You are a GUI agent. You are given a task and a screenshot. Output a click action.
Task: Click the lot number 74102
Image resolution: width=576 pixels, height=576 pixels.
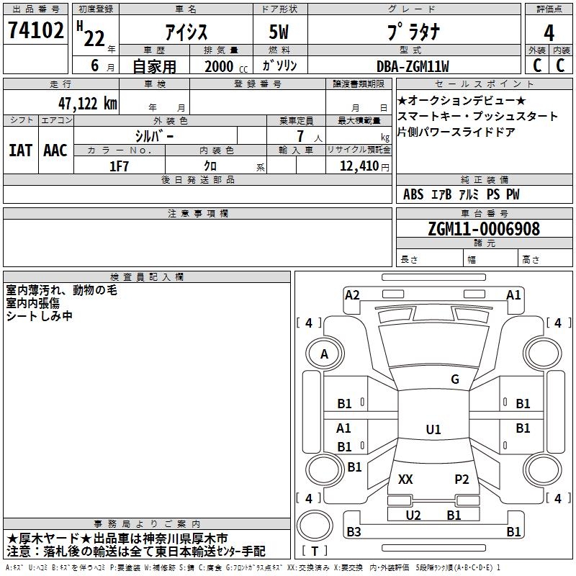click(35, 30)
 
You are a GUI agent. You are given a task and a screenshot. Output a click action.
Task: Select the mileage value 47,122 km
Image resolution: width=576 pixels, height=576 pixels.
click(88, 104)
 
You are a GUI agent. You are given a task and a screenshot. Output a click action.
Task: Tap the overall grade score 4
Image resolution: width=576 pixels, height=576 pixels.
click(549, 32)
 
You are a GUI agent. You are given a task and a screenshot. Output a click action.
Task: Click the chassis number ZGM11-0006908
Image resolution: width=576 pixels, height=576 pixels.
click(484, 228)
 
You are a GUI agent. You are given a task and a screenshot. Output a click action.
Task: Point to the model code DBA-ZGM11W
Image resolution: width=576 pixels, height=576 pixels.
click(413, 66)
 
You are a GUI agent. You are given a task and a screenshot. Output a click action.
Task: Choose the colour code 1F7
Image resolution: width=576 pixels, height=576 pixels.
click(119, 166)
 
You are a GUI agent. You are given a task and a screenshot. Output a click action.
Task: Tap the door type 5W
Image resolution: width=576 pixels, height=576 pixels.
click(279, 32)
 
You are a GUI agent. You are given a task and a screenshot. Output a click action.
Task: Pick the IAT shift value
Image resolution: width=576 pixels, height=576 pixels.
click(20, 150)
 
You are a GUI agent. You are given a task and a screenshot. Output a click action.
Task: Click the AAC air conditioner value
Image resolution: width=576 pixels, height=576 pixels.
click(55, 150)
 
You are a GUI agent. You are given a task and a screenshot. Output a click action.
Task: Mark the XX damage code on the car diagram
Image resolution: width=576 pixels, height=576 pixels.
click(405, 479)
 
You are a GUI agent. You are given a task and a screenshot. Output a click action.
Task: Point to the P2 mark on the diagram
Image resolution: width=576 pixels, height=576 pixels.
click(462, 479)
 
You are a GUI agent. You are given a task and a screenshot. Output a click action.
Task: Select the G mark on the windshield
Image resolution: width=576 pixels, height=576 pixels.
click(455, 379)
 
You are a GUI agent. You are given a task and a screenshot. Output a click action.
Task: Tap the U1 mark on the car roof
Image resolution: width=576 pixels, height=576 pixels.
click(433, 429)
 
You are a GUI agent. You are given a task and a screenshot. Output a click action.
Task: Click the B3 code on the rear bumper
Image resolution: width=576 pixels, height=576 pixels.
click(354, 531)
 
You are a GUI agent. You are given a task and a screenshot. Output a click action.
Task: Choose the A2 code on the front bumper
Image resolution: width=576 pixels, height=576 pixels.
click(352, 295)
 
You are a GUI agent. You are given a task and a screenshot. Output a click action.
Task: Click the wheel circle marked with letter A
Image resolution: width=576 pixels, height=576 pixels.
click(325, 354)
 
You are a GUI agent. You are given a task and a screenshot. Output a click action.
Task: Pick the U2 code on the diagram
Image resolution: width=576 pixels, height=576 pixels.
click(413, 515)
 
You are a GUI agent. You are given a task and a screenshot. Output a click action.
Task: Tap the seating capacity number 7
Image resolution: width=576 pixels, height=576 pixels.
click(300, 136)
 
